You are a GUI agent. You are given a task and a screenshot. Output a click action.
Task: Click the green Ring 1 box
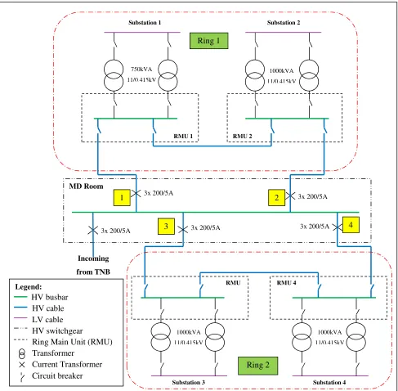click(x=208, y=41)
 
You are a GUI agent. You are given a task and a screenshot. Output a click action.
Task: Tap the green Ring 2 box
click(x=257, y=366)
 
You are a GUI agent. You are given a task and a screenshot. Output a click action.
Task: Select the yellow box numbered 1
click(x=122, y=197)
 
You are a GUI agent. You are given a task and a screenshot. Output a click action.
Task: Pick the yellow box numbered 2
click(x=276, y=197)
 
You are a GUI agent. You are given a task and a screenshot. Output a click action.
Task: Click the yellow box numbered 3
click(x=166, y=227)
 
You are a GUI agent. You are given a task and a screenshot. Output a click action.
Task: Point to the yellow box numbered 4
click(x=351, y=225)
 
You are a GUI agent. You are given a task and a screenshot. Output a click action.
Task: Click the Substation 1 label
click(x=145, y=23)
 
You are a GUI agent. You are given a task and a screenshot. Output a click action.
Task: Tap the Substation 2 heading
click(x=284, y=23)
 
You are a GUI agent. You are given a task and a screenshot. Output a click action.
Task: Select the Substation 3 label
click(x=188, y=382)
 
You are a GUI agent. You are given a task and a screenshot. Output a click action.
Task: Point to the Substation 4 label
click(x=329, y=382)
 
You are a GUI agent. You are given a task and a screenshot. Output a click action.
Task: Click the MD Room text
click(x=86, y=187)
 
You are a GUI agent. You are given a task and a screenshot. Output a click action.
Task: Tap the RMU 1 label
click(x=183, y=136)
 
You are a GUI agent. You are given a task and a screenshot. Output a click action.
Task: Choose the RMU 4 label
click(x=286, y=283)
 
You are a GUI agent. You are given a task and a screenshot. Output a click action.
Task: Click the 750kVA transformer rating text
click(x=141, y=70)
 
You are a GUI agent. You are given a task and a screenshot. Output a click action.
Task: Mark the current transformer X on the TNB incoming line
click(x=93, y=231)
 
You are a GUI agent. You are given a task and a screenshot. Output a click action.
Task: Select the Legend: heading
click(x=29, y=287)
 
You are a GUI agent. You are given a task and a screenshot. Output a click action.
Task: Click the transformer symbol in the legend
click(x=22, y=353)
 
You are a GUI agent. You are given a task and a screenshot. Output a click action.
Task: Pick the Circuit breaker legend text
click(x=57, y=375)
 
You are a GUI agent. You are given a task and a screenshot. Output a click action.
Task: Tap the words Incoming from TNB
click(x=93, y=265)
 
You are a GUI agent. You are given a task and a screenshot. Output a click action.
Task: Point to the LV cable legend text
click(x=47, y=319)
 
